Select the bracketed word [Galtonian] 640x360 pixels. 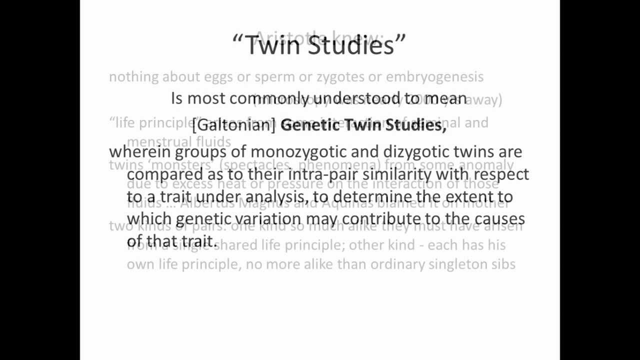pos(234,124)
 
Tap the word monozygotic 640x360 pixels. pos(298,151)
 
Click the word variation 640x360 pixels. pos(268,219)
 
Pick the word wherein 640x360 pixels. pos(139,151)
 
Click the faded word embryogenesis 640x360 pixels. pos(434,77)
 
